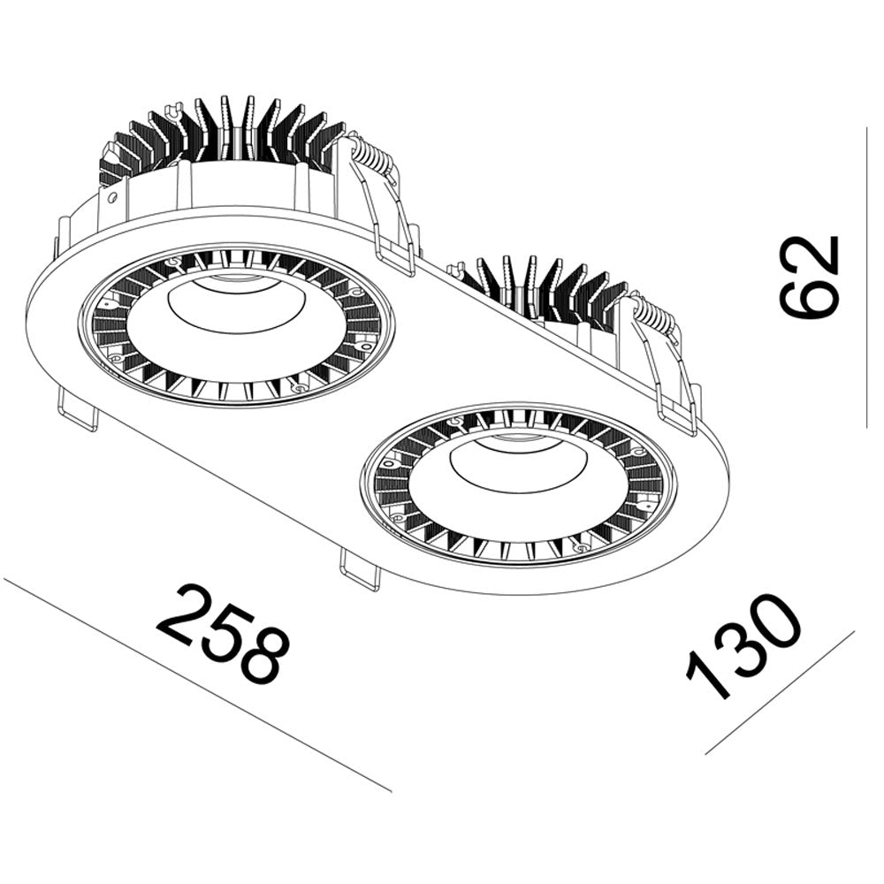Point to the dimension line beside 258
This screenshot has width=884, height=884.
coord(194,685)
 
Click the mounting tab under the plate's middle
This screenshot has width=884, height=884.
coord(360,570)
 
